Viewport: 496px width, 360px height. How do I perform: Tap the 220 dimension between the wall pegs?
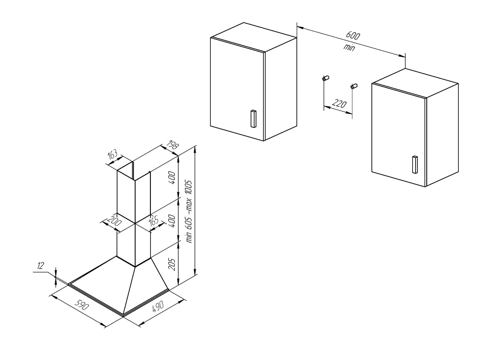(x=339, y=104)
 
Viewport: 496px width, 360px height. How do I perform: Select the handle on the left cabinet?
(x=253, y=118)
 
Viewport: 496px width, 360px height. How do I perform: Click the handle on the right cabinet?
(x=414, y=165)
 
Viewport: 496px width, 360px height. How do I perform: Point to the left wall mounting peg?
(x=326, y=78)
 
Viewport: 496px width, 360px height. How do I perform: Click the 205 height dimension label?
(x=172, y=264)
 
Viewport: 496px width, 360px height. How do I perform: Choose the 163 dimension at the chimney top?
(x=113, y=154)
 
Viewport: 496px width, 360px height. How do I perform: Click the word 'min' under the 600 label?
(x=349, y=47)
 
